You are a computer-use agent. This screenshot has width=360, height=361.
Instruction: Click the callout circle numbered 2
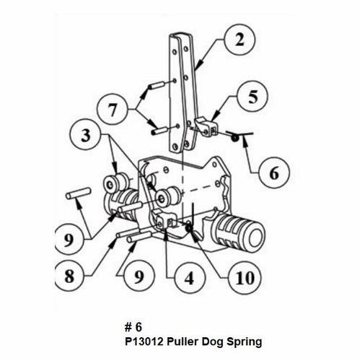pos(239,40)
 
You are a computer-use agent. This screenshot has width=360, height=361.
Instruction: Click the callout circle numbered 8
pos(71,276)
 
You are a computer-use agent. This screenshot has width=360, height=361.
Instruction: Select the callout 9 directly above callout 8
pos(71,236)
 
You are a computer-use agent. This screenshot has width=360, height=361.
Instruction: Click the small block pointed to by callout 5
pos(206,127)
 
